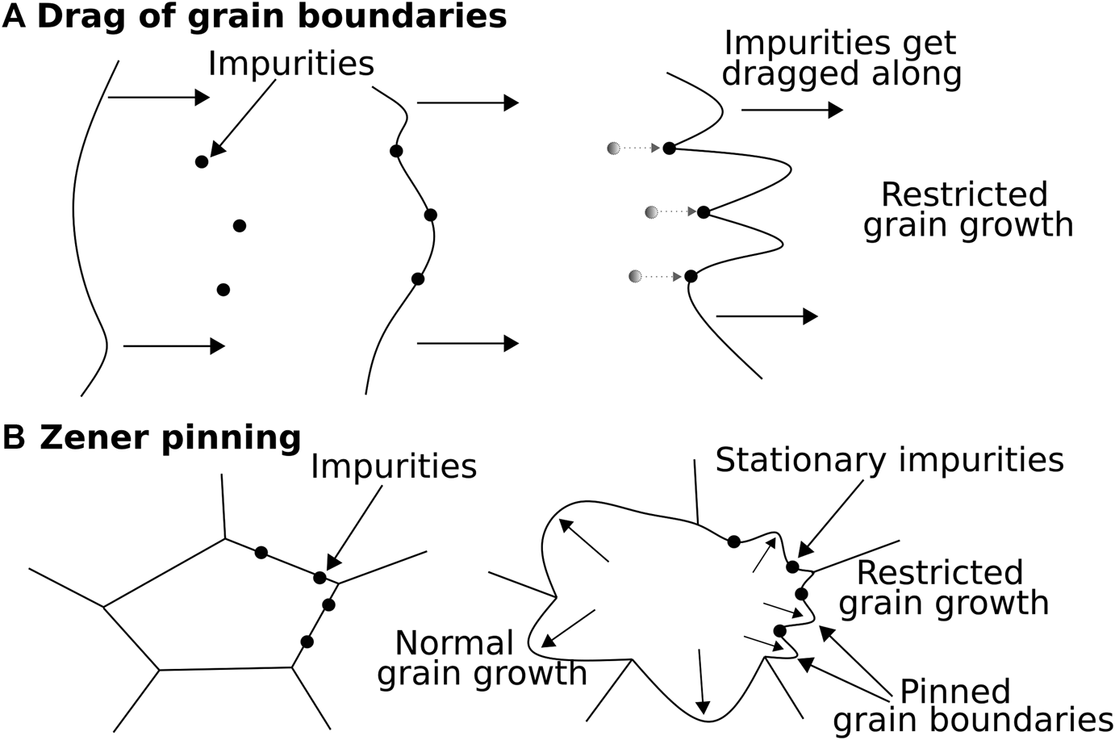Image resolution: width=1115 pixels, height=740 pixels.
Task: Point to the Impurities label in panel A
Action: tap(290, 64)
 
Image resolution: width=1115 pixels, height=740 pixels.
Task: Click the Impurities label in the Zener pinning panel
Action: tap(394, 466)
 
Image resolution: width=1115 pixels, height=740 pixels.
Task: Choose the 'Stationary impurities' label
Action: tap(889, 459)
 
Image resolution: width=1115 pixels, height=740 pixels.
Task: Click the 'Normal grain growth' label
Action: tap(481, 658)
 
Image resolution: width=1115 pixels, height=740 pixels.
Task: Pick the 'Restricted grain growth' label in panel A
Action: tap(967, 210)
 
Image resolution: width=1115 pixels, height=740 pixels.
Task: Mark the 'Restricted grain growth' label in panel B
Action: tap(943, 587)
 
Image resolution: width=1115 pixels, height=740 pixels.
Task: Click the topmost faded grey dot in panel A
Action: tap(615, 148)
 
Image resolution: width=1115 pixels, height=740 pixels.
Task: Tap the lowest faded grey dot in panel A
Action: tap(636, 277)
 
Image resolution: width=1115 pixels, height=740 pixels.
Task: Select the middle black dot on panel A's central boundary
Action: tap(430, 215)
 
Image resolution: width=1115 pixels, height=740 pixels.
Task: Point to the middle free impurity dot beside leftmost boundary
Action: tap(239, 226)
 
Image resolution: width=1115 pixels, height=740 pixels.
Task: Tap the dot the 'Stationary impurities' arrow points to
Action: tap(792, 566)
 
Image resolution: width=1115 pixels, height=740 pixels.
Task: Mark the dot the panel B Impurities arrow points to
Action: tap(320, 578)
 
